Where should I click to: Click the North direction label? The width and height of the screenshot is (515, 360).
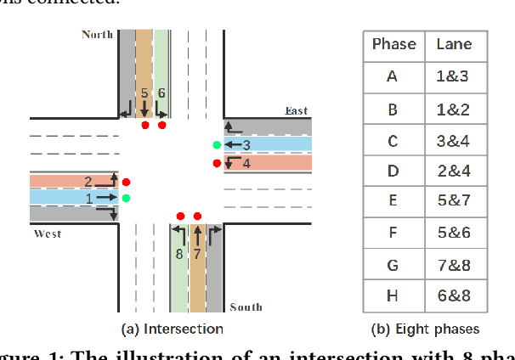(96, 35)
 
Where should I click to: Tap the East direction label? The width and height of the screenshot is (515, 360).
(297, 111)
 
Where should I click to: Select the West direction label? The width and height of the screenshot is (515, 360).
(47, 233)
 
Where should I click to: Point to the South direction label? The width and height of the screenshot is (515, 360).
(246, 307)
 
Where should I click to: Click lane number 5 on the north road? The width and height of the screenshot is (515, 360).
(144, 93)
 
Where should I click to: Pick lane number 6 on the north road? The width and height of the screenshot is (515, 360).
(161, 93)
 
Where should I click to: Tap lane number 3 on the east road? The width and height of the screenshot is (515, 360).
(246, 145)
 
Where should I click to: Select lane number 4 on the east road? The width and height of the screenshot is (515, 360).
(246, 163)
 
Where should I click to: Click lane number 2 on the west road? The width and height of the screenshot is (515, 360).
(88, 181)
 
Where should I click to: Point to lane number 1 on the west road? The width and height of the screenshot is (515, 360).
(88, 198)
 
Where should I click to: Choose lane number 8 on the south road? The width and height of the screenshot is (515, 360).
(179, 253)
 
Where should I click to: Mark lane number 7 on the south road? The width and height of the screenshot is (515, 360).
(197, 253)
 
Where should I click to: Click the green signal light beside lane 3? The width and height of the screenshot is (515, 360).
(218, 145)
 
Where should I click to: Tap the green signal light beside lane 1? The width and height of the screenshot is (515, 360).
(126, 198)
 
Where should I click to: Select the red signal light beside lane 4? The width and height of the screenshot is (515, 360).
(218, 163)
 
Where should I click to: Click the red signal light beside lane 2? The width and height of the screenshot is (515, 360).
(126, 182)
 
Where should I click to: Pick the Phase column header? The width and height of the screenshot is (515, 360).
(393, 45)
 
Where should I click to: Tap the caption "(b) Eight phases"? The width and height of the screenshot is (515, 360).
(426, 329)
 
